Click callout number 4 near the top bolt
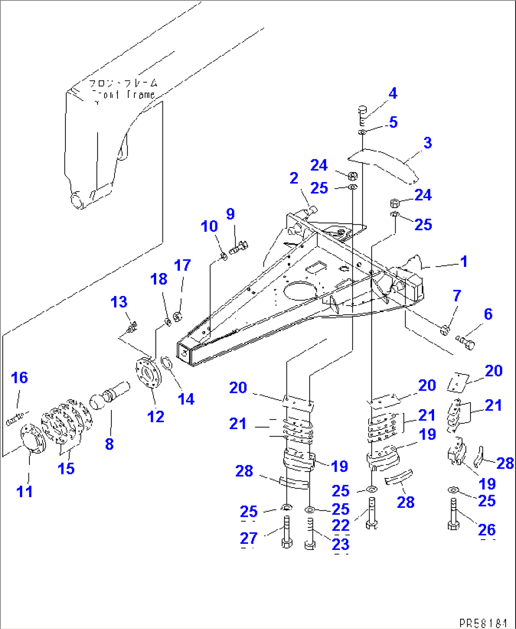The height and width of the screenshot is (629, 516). [x=392, y=93]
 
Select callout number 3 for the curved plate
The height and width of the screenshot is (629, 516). [x=427, y=143]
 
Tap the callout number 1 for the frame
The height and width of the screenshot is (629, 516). [x=463, y=261]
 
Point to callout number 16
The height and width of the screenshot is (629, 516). [x=19, y=377]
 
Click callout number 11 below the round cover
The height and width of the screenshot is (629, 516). [x=25, y=491]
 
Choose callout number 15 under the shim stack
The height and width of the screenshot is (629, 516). [x=66, y=468]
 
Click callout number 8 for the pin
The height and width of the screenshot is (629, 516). [x=109, y=444]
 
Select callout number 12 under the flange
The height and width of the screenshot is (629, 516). [x=156, y=417]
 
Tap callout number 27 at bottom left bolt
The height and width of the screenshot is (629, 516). [x=249, y=538]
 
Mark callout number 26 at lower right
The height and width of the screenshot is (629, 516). [x=487, y=530]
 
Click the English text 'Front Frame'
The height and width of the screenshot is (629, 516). [x=124, y=95]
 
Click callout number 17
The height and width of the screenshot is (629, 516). [x=182, y=265]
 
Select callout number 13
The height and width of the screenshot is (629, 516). [x=119, y=302]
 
